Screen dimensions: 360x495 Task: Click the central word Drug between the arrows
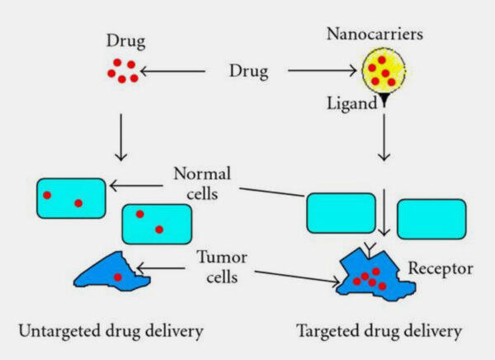[248, 72]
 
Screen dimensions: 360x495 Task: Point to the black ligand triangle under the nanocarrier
[384, 102]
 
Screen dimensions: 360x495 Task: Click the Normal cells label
[203, 183]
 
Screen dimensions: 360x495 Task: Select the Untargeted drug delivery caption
[110, 331]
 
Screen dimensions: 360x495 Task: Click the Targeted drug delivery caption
[379, 331]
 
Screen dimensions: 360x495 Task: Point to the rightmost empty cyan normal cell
[431, 217]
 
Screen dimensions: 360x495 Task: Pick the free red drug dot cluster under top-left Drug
[121, 71]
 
